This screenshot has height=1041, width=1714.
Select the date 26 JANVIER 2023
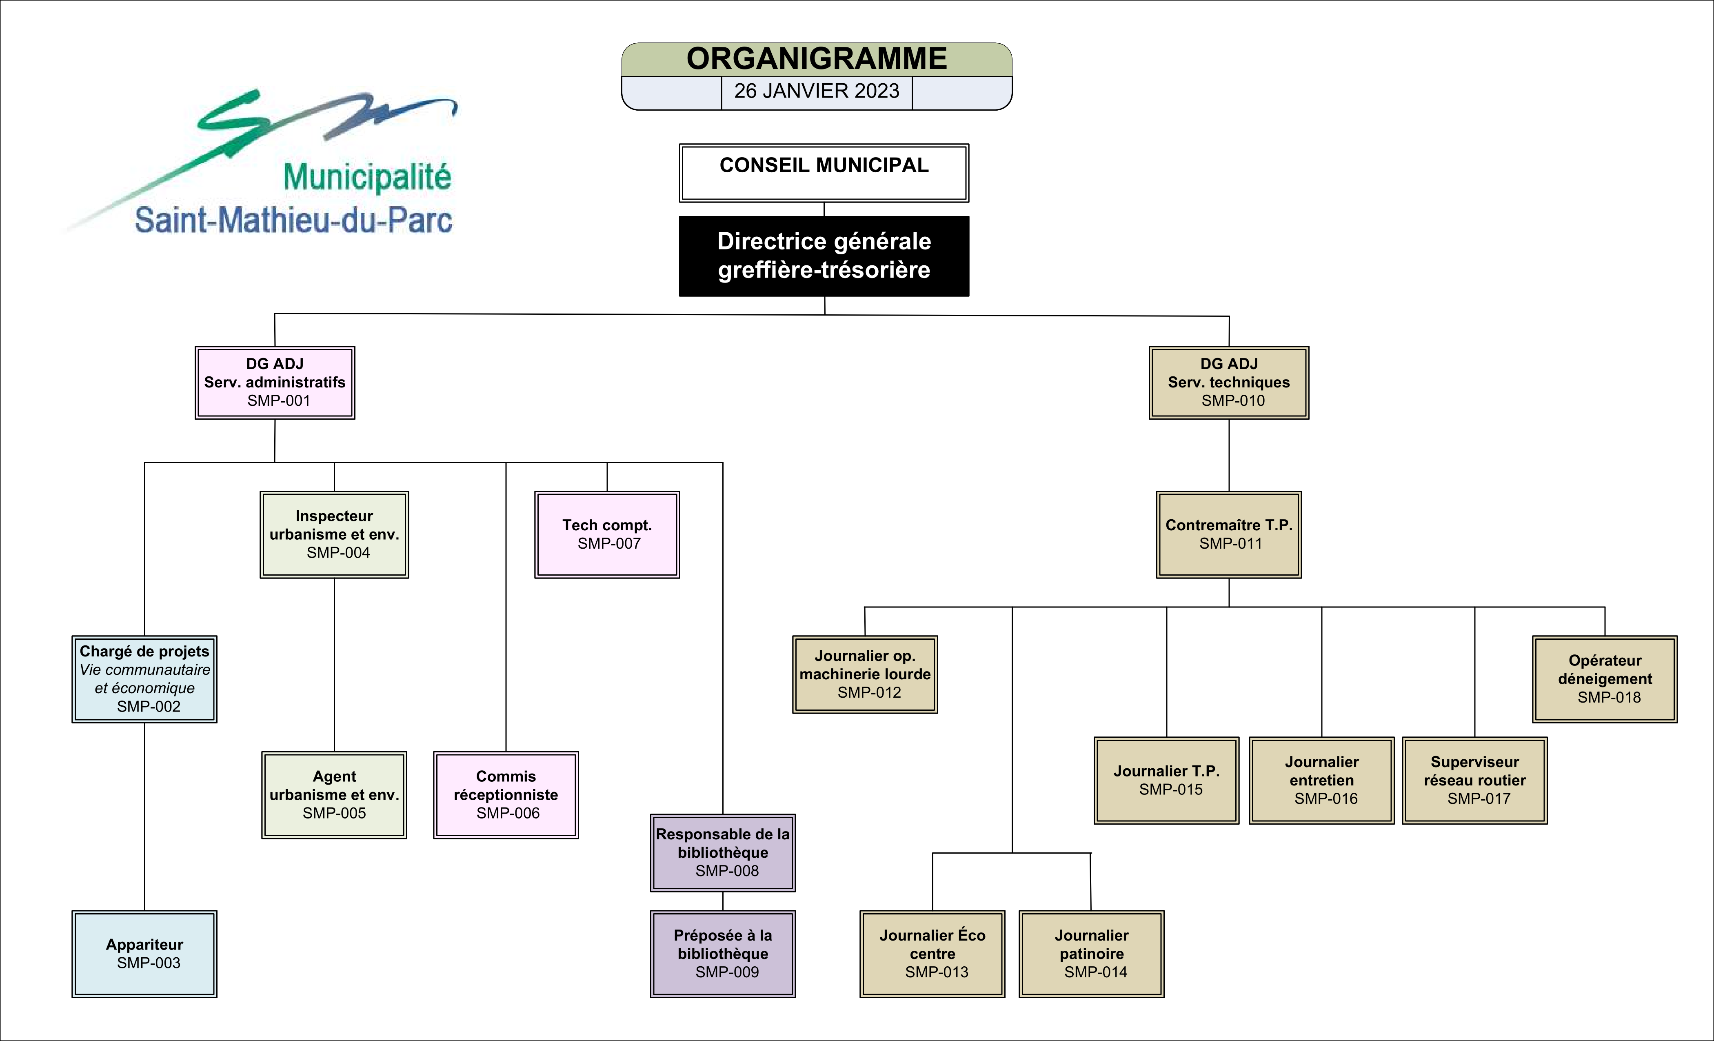[x=817, y=91]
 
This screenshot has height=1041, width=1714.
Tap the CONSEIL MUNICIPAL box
[x=824, y=173]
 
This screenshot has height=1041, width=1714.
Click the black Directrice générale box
[x=824, y=256]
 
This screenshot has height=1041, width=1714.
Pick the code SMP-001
[x=278, y=401]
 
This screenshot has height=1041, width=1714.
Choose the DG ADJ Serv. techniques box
[x=1228, y=382]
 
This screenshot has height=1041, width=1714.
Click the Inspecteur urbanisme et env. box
[x=334, y=534]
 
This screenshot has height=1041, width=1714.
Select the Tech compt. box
[x=606, y=534]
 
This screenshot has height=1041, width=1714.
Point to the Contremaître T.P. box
[x=1228, y=534]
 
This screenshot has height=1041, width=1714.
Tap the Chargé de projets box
[x=145, y=678]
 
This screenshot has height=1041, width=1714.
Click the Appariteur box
[x=145, y=953]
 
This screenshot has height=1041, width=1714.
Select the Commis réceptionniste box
[x=506, y=795]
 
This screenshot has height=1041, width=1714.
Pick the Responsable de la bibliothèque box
[x=723, y=852]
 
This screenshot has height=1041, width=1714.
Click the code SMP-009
[x=727, y=972]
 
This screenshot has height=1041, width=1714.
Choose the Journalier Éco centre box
[x=932, y=953]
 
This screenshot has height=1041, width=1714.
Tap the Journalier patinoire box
[x=1091, y=953]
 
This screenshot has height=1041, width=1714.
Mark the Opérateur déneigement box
[x=1605, y=678]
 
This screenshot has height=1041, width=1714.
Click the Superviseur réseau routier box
[x=1475, y=780]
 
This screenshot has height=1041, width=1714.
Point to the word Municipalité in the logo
[x=367, y=177]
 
